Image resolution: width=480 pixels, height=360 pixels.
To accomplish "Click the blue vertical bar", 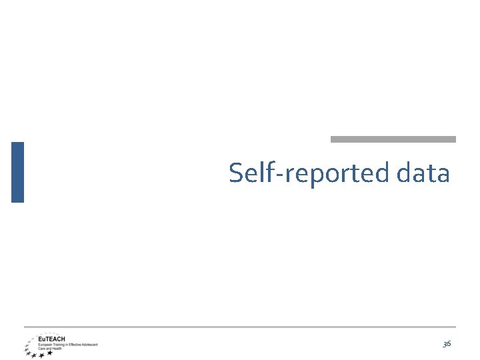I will click(x=17, y=172).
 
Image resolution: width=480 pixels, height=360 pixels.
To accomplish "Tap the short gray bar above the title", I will click(x=393, y=139).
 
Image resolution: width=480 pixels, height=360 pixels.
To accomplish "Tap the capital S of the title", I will click(x=236, y=173).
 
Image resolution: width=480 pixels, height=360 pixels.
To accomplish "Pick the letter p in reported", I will click(x=317, y=177).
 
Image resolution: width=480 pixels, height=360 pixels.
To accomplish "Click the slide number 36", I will click(x=447, y=343).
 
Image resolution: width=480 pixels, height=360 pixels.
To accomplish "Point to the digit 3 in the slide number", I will click(x=445, y=343).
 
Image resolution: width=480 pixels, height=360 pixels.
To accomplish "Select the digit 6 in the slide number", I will click(x=449, y=343).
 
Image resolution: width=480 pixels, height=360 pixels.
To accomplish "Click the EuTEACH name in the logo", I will click(x=51, y=339).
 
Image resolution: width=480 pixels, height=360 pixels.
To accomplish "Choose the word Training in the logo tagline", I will click(x=58, y=344).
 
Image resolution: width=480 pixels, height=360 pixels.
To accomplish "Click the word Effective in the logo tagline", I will click(x=75, y=344).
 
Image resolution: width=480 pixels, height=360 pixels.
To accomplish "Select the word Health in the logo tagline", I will click(x=55, y=348).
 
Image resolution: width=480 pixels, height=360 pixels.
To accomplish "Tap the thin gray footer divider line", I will click(x=240, y=327).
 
